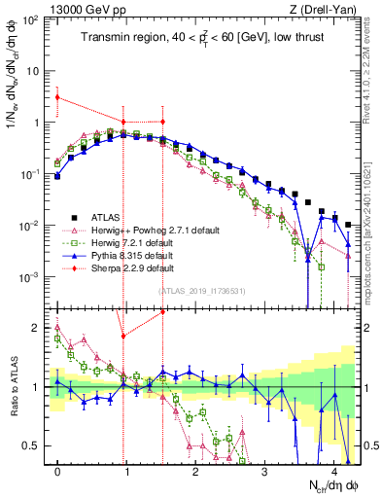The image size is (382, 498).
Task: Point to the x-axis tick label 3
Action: tap(265, 470)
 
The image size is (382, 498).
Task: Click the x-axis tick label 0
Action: tap(57, 470)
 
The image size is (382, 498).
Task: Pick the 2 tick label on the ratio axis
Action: tap(36, 327)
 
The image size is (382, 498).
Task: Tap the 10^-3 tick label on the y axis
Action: tap(29, 277)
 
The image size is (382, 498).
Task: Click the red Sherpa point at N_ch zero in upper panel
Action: tap(57, 97)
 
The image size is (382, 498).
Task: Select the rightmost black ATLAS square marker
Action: tap(349, 225)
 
